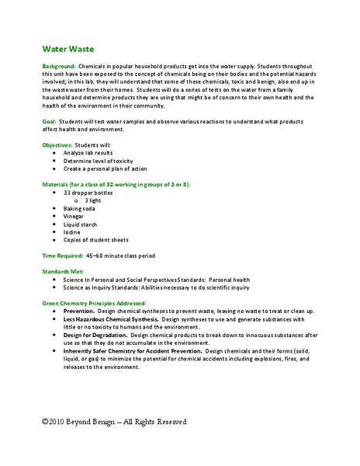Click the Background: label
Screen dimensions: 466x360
coord(61,68)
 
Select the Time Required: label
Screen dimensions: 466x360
coord(63,256)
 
